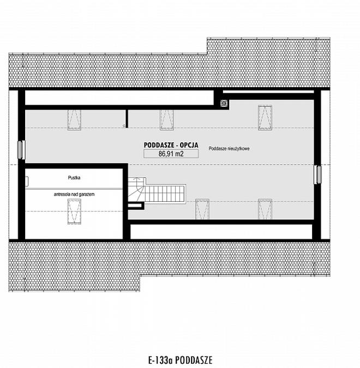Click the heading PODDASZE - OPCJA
click(x=171, y=145)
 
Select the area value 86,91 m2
click(x=171, y=154)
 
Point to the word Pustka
click(x=74, y=178)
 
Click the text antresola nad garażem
click(x=74, y=194)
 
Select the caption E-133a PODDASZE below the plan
click(x=179, y=360)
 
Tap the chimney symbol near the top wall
click(x=224, y=102)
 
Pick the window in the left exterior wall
click(x=21, y=149)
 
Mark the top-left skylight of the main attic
click(x=73, y=118)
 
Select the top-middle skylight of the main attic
click(x=166, y=118)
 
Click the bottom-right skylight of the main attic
click(x=265, y=209)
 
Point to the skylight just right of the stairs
click(x=201, y=209)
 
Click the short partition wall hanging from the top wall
click(x=127, y=117)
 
